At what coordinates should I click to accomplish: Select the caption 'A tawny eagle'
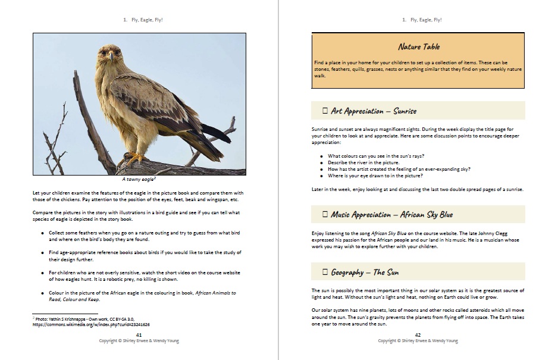pyautogui.click(x=139, y=179)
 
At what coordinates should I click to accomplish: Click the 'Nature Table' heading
pyautogui.click(x=419, y=47)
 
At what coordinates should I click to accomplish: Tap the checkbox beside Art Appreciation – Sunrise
pyautogui.click(x=325, y=111)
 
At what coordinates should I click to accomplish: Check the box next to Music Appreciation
pyautogui.click(x=325, y=214)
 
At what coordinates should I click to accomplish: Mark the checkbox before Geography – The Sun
pyautogui.click(x=325, y=273)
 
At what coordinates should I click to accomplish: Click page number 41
pyautogui.click(x=139, y=335)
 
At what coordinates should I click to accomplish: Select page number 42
pyautogui.click(x=418, y=335)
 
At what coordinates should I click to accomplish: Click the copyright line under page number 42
pyautogui.click(x=418, y=341)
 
